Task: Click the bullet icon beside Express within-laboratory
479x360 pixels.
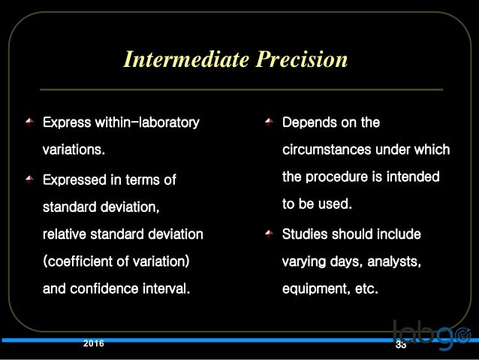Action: (29, 121)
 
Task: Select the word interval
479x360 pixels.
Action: (167, 289)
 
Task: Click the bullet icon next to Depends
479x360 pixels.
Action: (269, 122)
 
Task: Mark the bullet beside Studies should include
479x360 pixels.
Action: (269, 234)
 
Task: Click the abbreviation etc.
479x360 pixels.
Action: (366, 289)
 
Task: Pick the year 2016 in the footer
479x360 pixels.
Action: (94, 343)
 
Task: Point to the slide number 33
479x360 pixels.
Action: (400, 346)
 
